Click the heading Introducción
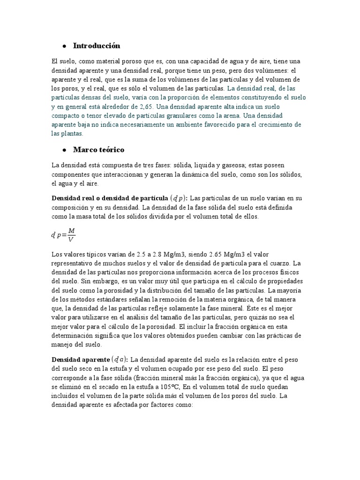click(97, 46)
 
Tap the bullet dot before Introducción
click(63, 46)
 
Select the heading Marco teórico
click(99, 150)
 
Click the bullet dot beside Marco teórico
click(63, 150)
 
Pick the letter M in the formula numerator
click(71, 230)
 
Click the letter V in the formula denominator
click(71, 240)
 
